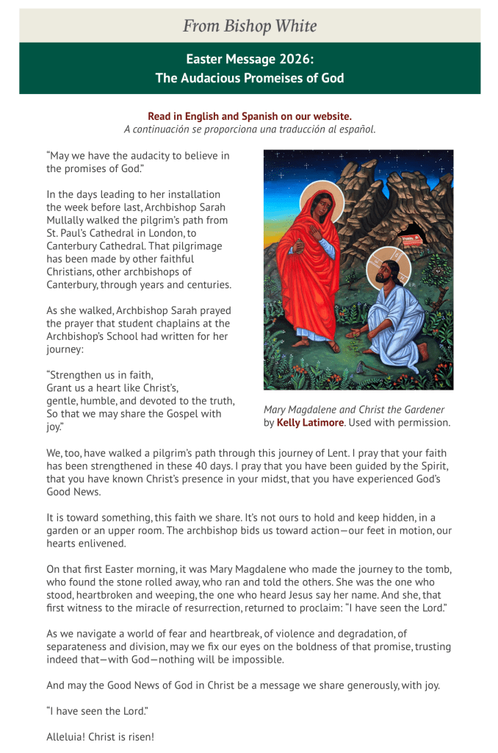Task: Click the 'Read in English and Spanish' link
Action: [x=250, y=116]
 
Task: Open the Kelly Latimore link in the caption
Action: [x=303, y=423]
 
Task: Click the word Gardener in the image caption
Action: [x=419, y=410]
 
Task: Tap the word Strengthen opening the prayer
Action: [x=77, y=375]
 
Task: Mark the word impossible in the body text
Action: [x=255, y=660]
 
